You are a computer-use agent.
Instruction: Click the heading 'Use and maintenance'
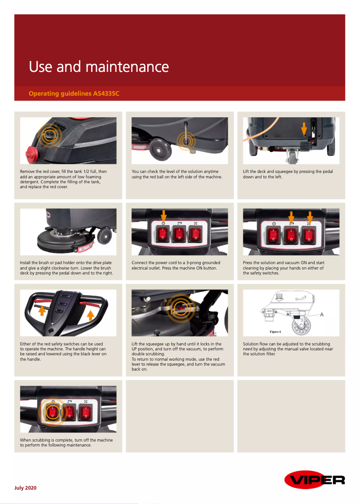click(x=99, y=67)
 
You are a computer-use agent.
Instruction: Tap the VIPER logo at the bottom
click(x=314, y=480)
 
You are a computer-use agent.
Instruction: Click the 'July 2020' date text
click(x=26, y=488)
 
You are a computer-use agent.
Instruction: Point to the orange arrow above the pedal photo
click(x=304, y=129)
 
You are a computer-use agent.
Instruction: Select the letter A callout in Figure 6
click(x=321, y=315)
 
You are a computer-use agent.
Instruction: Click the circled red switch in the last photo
click(x=53, y=411)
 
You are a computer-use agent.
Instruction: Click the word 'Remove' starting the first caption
click(x=27, y=172)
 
